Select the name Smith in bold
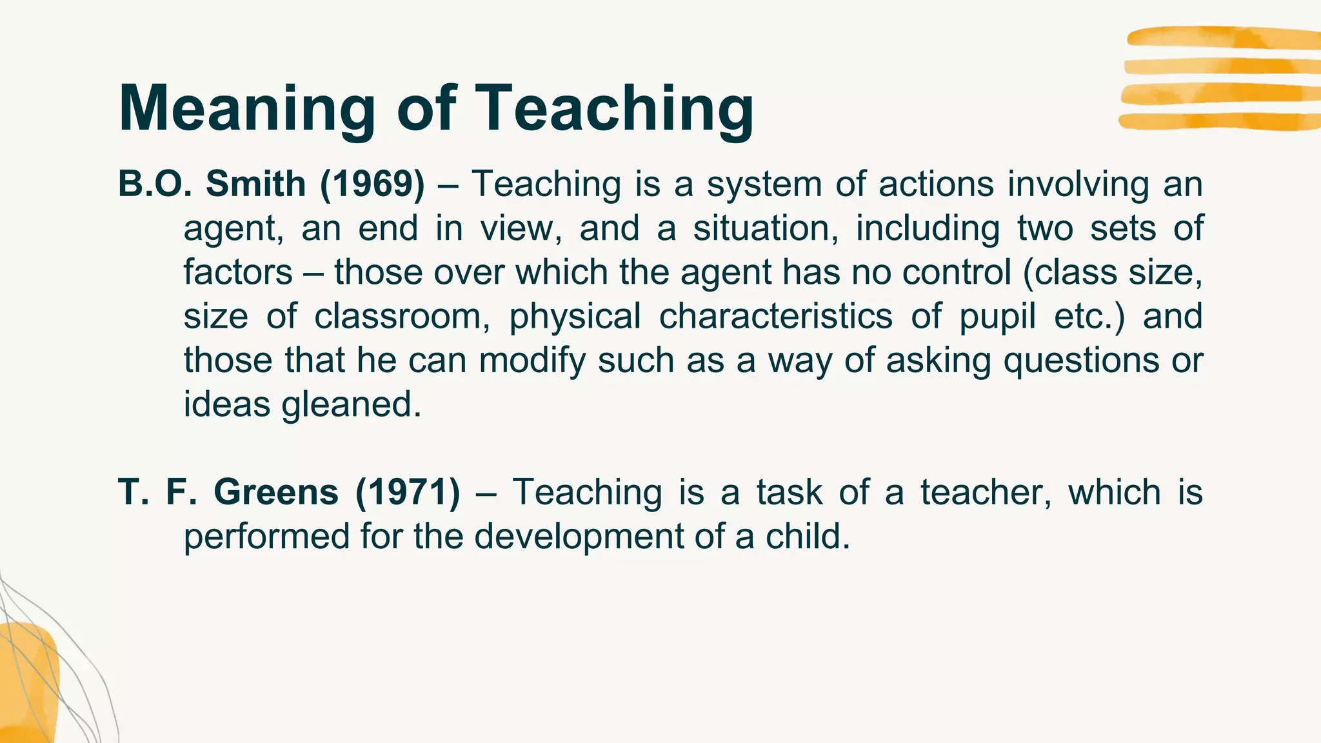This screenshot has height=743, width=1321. (255, 184)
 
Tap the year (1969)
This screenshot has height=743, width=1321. (372, 184)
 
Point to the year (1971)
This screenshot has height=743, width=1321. (408, 492)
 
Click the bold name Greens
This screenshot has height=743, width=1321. (275, 492)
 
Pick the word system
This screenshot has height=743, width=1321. (764, 185)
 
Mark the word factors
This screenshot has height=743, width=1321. (238, 272)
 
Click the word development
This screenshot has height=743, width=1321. (579, 537)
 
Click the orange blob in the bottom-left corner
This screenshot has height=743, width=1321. (27, 684)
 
